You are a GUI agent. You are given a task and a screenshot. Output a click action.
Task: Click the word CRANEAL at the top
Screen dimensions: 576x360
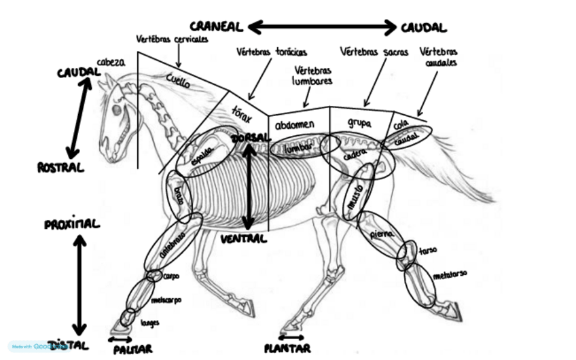click(215, 26)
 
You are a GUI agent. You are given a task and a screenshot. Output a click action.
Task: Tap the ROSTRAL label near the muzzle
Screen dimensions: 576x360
click(60, 167)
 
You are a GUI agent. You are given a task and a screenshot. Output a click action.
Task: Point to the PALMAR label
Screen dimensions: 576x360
click(133, 348)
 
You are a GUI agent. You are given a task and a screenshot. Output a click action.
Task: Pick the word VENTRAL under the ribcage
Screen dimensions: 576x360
click(243, 239)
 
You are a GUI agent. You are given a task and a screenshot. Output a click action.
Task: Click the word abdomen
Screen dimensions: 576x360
click(294, 125)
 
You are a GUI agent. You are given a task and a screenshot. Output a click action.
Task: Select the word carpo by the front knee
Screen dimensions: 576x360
click(170, 277)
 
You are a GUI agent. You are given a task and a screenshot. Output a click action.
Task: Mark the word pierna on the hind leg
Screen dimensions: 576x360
click(381, 234)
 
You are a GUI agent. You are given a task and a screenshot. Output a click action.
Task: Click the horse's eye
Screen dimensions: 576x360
click(117, 109)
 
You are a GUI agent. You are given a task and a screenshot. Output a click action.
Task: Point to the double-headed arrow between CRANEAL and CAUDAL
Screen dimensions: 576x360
click(322, 26)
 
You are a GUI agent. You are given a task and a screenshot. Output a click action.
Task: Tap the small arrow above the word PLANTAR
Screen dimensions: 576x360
click(291, 337)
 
